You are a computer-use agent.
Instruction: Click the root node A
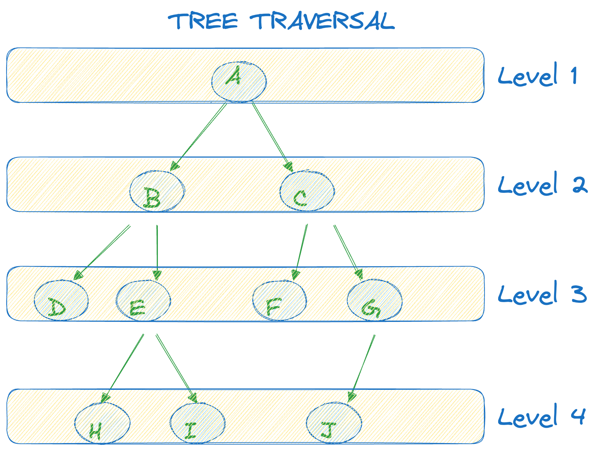[239, 82]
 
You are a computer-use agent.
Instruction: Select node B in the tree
[157, 191]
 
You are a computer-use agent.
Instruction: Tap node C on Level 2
[307, 191]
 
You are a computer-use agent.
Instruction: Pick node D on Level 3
[61, 300]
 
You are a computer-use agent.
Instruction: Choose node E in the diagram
[143, 300]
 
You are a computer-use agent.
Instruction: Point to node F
[280, 300]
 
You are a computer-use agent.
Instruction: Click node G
[374, 300]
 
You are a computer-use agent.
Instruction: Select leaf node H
[102, 423]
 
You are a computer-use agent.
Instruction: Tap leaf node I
[197, 423]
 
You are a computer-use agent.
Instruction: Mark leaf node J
[334, 423]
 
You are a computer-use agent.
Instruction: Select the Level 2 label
[542, 184]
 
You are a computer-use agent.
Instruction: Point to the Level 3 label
[542, 294]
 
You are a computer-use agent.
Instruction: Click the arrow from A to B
[201, 133]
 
